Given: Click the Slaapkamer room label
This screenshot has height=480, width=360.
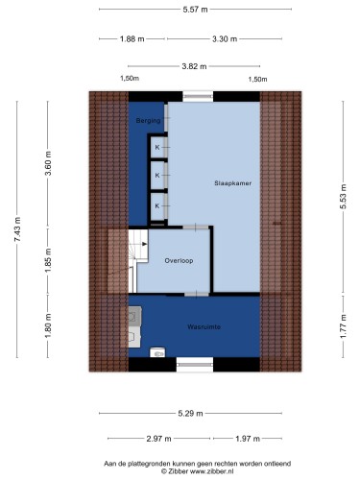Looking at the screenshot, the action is point(232,183).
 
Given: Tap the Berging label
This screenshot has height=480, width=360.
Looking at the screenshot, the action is point(148,121).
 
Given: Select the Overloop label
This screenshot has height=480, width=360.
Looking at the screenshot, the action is point(179,260).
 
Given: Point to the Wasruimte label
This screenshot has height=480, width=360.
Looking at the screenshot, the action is point(204,326).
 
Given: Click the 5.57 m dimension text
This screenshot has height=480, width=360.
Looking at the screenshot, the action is point(195,10).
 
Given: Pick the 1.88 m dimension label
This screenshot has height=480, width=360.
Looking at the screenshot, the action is point(132,39).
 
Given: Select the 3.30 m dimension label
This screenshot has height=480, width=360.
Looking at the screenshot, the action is point(225,39).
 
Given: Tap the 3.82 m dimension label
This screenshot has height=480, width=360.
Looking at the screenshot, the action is point(194,66).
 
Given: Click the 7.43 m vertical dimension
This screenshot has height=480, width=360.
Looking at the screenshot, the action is point(17,229).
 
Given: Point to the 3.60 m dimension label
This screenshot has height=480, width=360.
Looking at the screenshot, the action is point(48,163).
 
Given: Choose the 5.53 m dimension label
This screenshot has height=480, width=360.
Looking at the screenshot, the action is point(343,197).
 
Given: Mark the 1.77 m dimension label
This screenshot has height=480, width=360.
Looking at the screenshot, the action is point(343,326).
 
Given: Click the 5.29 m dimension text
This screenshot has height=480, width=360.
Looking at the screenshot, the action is point(190,414).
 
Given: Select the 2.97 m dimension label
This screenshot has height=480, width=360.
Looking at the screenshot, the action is point(158,439).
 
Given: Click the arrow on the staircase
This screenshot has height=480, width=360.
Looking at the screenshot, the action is point(145,244).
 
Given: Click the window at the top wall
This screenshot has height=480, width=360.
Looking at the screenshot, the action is point(198,96).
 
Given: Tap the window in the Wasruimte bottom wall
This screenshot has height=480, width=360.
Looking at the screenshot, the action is point(195,365).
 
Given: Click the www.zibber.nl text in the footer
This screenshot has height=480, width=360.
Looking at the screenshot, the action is point(212,471).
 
